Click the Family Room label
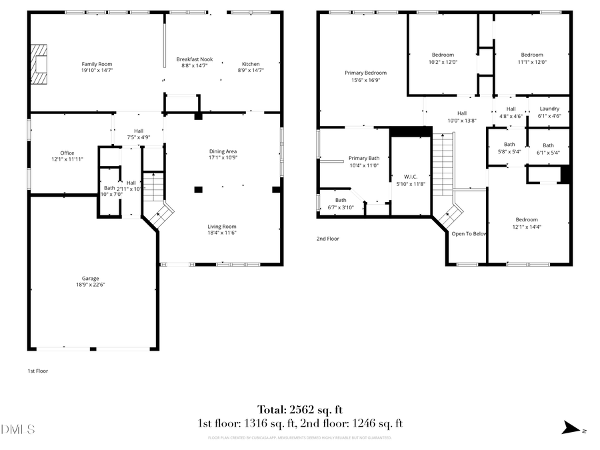[x=97, y=64]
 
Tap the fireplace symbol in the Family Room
[x=41, y=64]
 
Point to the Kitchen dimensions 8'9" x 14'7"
[x=251, y=70]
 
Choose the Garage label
[x=91, y=279]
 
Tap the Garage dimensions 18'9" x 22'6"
[x=91, y=285]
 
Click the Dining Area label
[x=223, y=151]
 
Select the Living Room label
[x=222, y=226]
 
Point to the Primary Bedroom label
[x=365, y=73]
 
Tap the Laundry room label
[x=549, y=109]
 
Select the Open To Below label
[x=469, y=234]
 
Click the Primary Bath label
[x=364, y=158]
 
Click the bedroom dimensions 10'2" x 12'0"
[x=443, y=62]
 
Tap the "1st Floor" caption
[x=37, y=371]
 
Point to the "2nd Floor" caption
[x=328, y=238]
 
